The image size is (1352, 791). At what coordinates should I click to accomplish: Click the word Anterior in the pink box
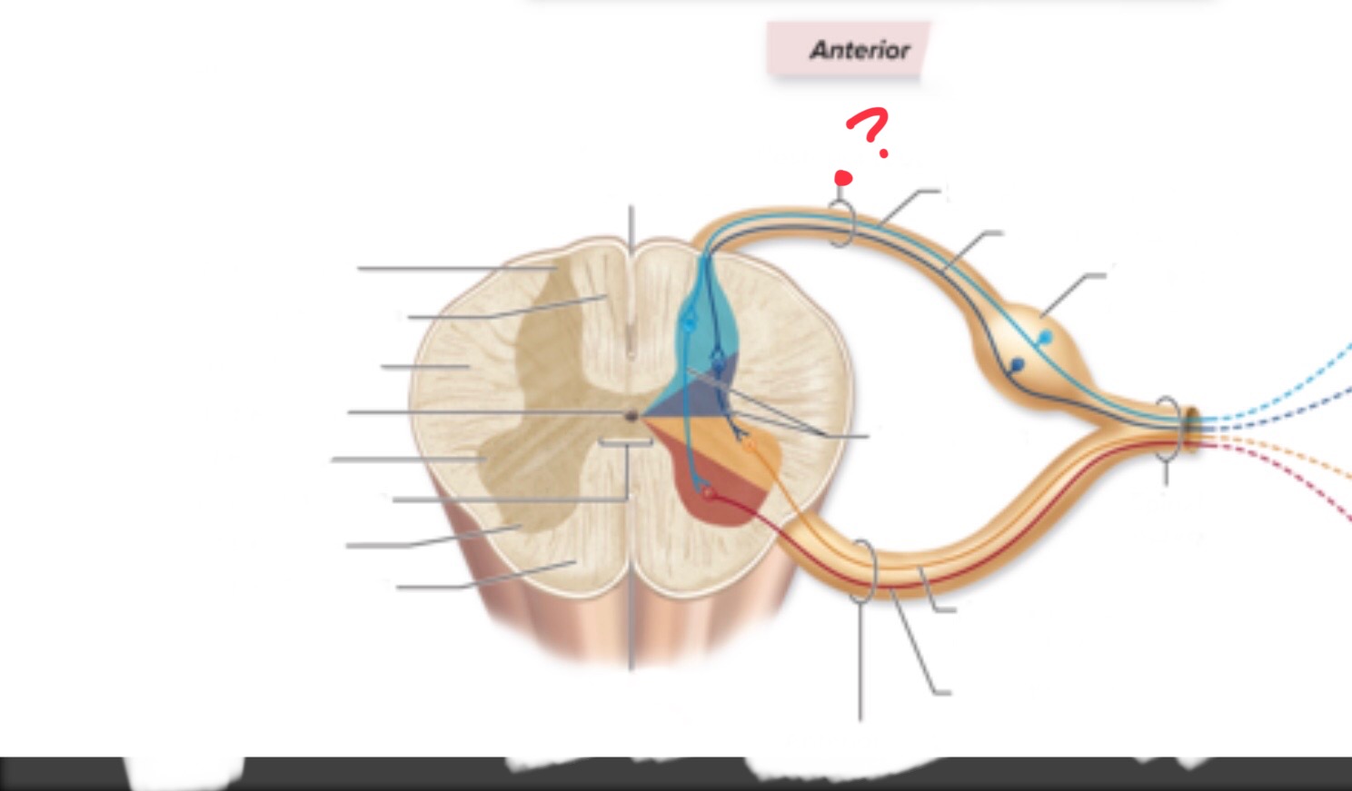pos(860,50)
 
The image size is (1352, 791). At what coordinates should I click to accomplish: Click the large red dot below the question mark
pos(843,178)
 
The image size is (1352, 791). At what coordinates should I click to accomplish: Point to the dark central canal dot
pos(631,415)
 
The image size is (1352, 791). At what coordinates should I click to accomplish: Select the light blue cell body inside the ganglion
pos(1045,337)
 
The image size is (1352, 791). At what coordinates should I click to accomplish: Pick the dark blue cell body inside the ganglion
pos(1017,364)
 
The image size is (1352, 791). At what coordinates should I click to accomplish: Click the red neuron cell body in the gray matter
pos(709,493)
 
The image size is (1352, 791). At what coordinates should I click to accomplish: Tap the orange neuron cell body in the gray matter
pos(749,446)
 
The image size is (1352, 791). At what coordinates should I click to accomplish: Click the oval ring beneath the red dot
pos(841,223)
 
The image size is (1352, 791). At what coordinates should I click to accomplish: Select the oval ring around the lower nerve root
pos(862,571)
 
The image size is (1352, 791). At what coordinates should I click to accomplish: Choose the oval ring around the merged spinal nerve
pos(1168,429)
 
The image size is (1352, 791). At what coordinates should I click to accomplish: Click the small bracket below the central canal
pos(625,443)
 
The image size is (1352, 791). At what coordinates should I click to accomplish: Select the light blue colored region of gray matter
pos(701,338)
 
